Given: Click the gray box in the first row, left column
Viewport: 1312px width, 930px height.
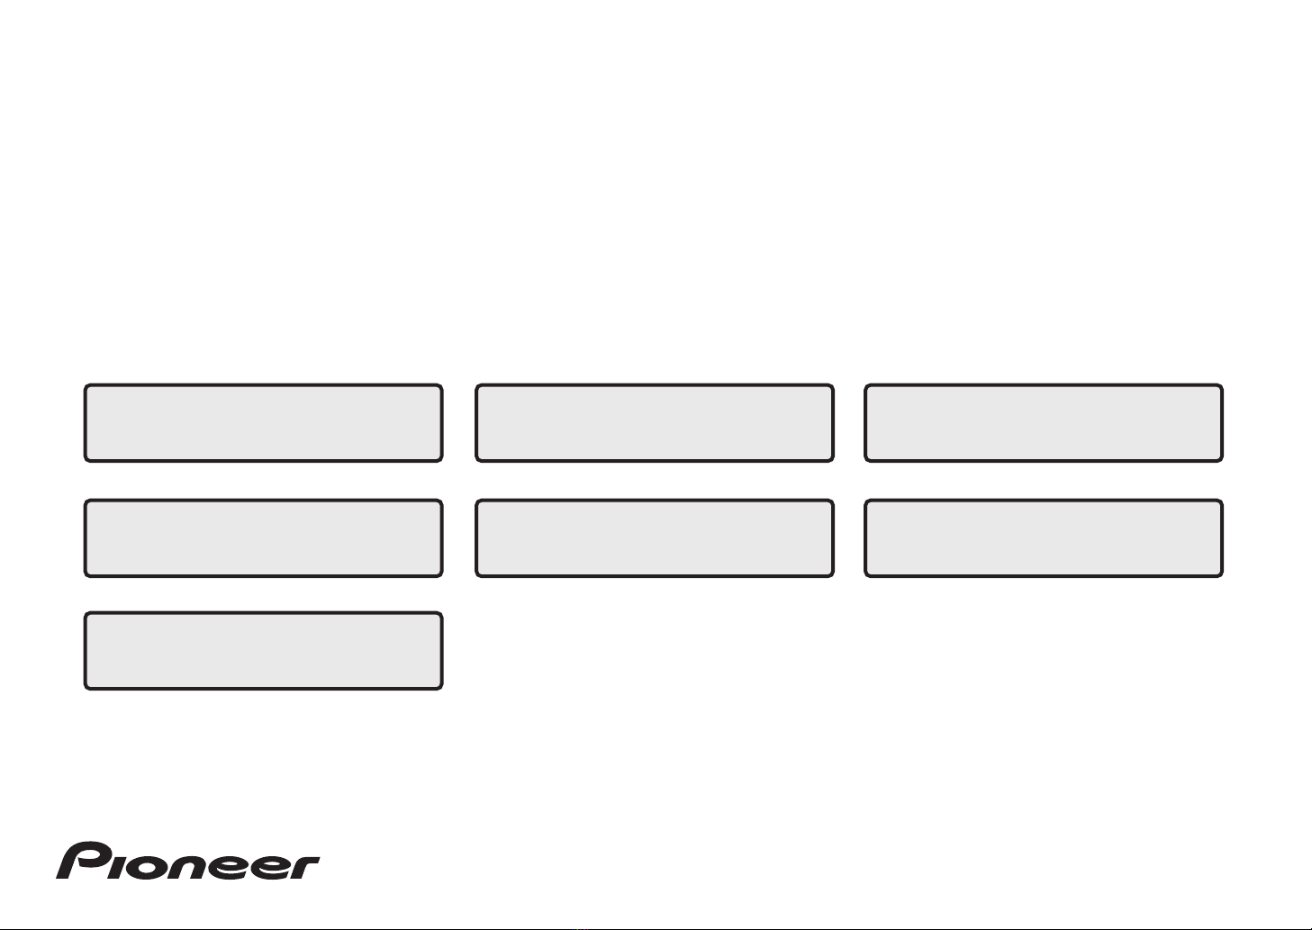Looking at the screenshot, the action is click(x=264, y=423).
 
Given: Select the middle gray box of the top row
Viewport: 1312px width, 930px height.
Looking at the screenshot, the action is click(x=655, y=423).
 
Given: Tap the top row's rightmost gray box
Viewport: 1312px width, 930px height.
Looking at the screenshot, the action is click(x=1044, y=423).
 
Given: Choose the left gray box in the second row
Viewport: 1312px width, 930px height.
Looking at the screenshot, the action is click(x=264, y=538).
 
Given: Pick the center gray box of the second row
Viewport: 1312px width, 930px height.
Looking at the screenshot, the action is click(x=655, y=538).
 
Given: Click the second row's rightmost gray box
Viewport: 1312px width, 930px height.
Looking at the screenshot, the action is click(x=1044, y=538).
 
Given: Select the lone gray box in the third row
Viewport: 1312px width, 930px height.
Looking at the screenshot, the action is click(x=264, y=651).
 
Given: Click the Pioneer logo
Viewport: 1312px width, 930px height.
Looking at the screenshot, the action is click(x=188, y=861).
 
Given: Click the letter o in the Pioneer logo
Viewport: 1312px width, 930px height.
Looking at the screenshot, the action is click(x=149, y=867).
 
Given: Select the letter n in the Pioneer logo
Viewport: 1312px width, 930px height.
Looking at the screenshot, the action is click(x=190, y=867).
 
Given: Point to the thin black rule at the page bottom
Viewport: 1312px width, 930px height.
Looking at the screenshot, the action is click(x=656, y=929).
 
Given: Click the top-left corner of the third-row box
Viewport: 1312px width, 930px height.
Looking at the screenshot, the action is click(x=86, y=613).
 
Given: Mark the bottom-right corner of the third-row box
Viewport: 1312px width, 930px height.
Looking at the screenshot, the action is click(x=441, y=689).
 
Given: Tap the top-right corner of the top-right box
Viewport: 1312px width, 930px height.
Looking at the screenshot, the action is click(x=1222, y=385).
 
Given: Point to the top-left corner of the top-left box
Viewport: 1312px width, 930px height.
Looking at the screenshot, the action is click(x=86, y=385).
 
